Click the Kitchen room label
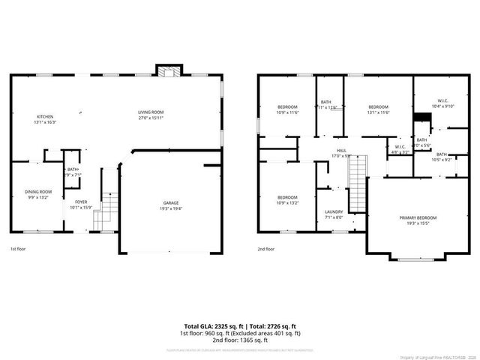click(x=46, y=117)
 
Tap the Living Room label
click(x=151, y=112)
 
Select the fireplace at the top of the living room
click(x=168, y=70)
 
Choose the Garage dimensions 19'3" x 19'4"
click(x=171, y=208)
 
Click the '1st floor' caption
click(x=18, y=248)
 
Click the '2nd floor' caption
click(x=266, y=248)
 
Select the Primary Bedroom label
click(x=418, y=217)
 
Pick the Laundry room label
click(x=334, y=212)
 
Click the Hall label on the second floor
click(x=341, y=151)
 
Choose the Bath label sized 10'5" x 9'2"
click(x=441, y=154)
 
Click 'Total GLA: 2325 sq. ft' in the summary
click(x=210, y=326)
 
